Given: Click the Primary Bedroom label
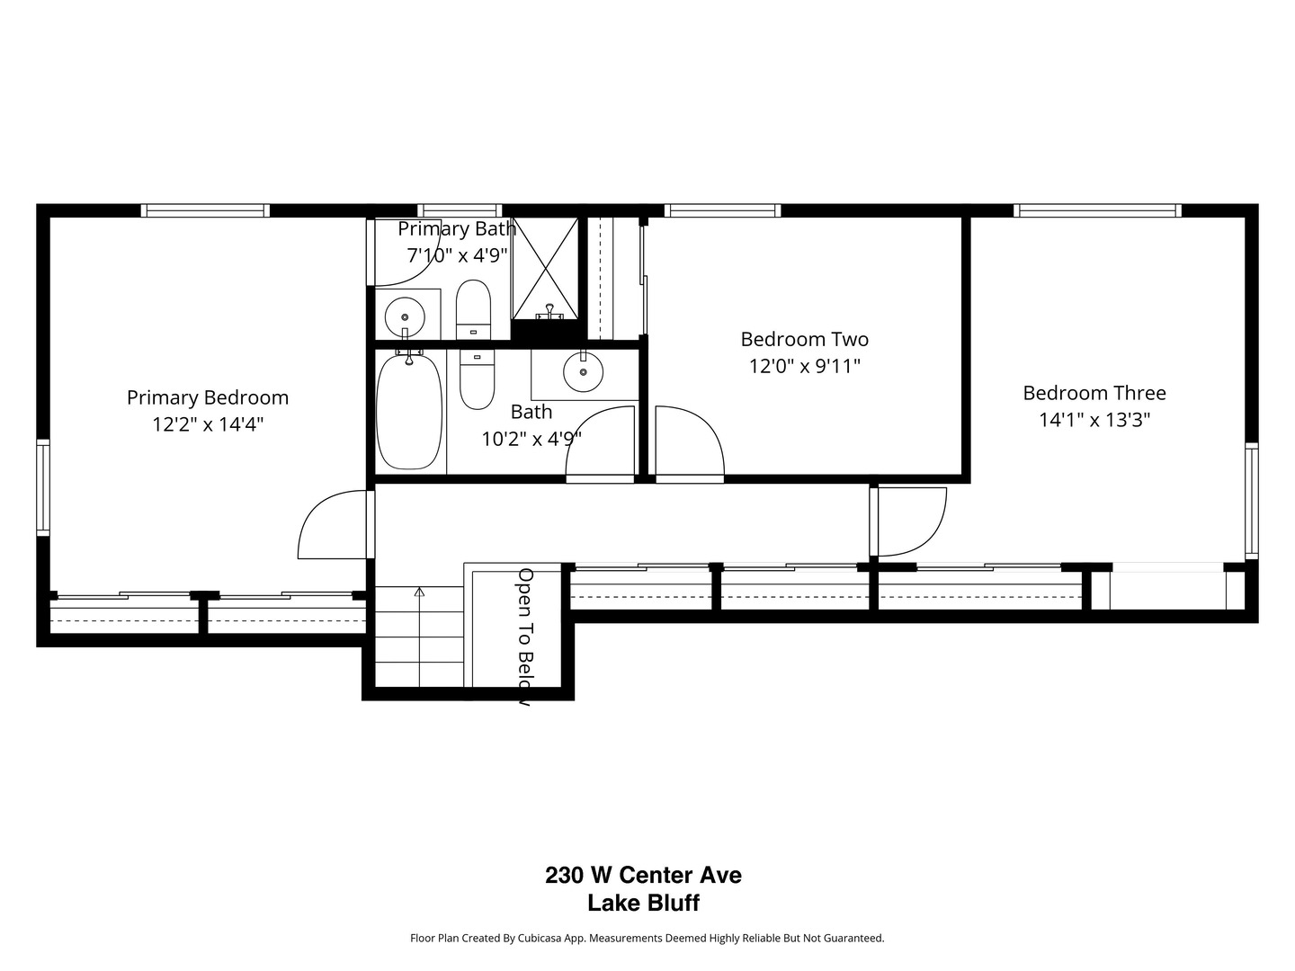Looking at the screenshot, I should click(208, 397).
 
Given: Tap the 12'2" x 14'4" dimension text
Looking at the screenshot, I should click(208, 424).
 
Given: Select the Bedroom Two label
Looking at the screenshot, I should click(804, 339).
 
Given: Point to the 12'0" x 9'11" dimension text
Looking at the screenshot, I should click(804, 366).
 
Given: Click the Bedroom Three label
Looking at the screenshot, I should click(1094, 393).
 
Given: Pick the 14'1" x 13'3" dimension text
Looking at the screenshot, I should click(1094, 420).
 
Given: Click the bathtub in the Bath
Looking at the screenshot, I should click(409, 411).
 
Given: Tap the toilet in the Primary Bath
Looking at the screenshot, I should click(473, 307).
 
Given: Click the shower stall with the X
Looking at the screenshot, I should click(545, 268).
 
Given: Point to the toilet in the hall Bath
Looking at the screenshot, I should click(477, 378).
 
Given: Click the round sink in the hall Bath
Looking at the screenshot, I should click(583, 372).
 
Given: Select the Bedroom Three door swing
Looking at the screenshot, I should click(910, 521).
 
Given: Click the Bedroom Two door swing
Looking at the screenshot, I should click(689, 442).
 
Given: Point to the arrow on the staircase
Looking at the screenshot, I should click(419, 592).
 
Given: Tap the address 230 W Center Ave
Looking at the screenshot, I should click(643, 875).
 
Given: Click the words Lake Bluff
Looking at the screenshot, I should click(643, 904).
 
